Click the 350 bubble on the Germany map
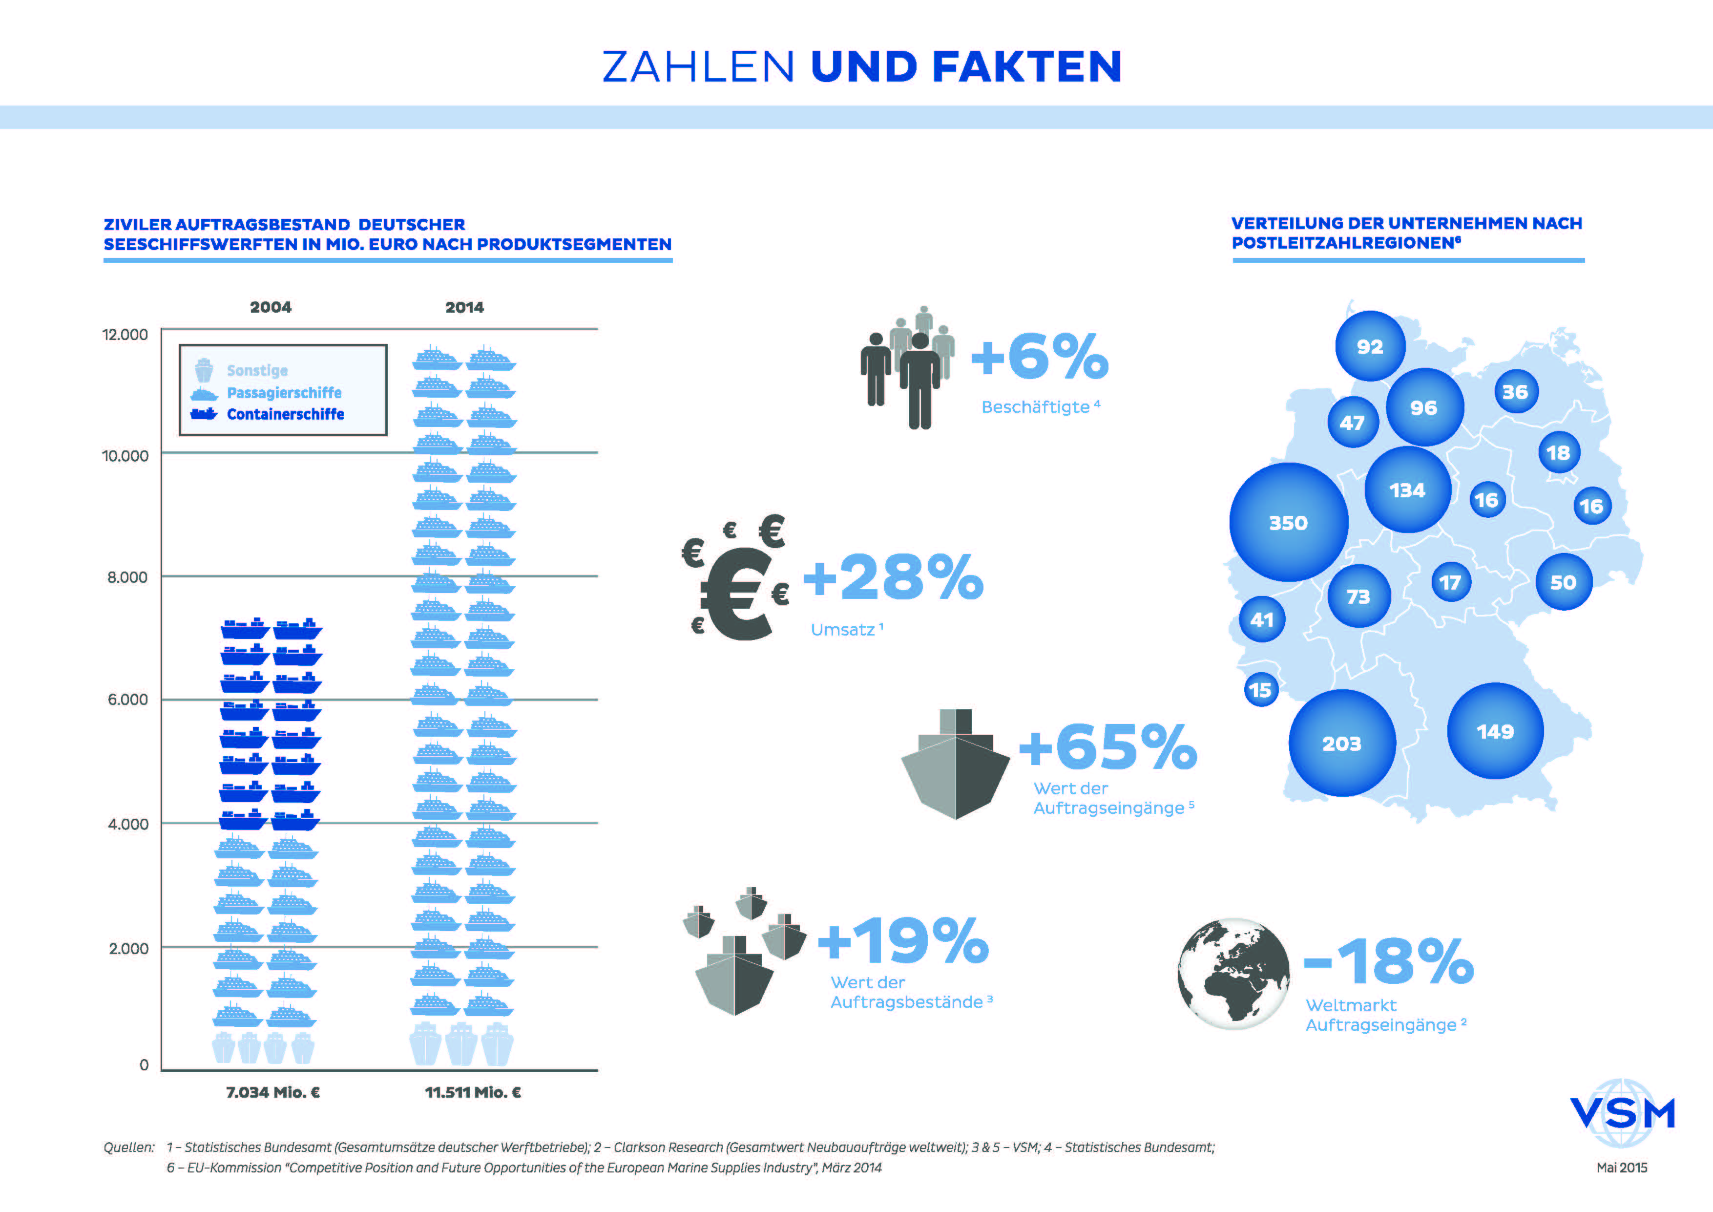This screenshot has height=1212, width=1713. [1289, 522]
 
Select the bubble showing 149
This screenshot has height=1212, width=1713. [1495, 731]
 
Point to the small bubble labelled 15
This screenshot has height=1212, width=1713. [1261, 690]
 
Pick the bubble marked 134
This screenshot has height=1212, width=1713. [1407, 489]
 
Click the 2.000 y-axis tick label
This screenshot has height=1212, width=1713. [128, 949]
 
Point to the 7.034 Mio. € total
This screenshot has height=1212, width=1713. [273, 1093]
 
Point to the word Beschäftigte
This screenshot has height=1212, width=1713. [1036, 407]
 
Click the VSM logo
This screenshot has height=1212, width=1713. [1623, 1113]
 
